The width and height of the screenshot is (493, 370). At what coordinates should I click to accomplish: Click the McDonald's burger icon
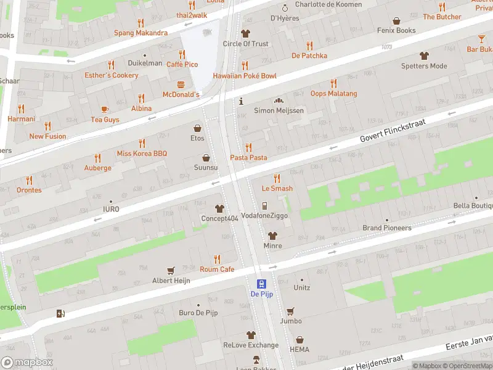[x=181, y=84]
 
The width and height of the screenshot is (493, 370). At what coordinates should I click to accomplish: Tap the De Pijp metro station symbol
[x=261, y=284]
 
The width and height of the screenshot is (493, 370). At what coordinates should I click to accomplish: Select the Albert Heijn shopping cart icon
[x=171, y=270]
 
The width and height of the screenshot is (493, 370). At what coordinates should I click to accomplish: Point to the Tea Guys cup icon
[x=105, y=109]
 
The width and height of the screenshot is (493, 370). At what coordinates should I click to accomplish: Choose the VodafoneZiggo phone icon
[x=264, y=205]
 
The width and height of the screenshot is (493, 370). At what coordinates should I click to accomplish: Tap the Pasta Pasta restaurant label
[x=249, y=158]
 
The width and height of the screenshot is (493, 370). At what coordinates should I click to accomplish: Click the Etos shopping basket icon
[x=197, y=128]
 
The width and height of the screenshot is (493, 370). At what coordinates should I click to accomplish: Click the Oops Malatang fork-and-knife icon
[x=333, y=83]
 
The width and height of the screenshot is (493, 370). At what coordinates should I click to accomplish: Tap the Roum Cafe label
[x=217, y=269]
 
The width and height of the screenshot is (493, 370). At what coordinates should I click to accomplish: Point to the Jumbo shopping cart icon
[x=290, y=311]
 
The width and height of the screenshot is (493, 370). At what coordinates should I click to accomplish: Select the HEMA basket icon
[x=299, y=340]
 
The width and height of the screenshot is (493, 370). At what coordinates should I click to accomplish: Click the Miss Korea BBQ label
[x=142, y=153]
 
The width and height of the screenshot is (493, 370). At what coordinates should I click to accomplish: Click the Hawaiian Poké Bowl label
[x=245, y=76]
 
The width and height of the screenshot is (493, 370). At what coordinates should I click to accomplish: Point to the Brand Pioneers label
[x=386, y=228]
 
